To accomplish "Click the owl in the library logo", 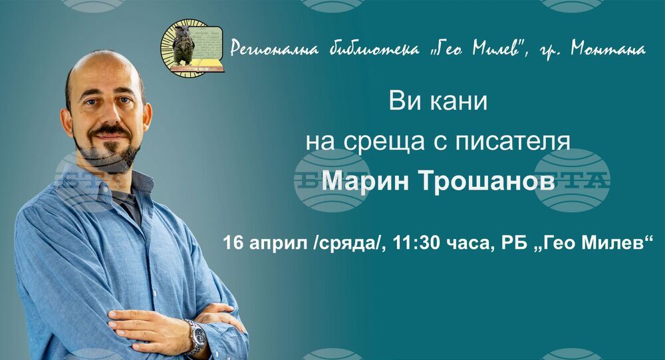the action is pyautogui.click(x=184, y=45).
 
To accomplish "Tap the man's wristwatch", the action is pyautogui.click(x=196, y=337).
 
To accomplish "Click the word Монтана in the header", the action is pyautogui.click(x=608, y=49).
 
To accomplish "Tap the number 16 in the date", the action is pyautogui.click(x=233, y=243).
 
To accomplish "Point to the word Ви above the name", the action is pyautogui.click(x=404, y=102).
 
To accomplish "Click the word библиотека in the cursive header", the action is pyautogui.click(x=374, y=49).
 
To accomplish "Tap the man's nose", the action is pyautogui.click(x=107, y=113).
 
